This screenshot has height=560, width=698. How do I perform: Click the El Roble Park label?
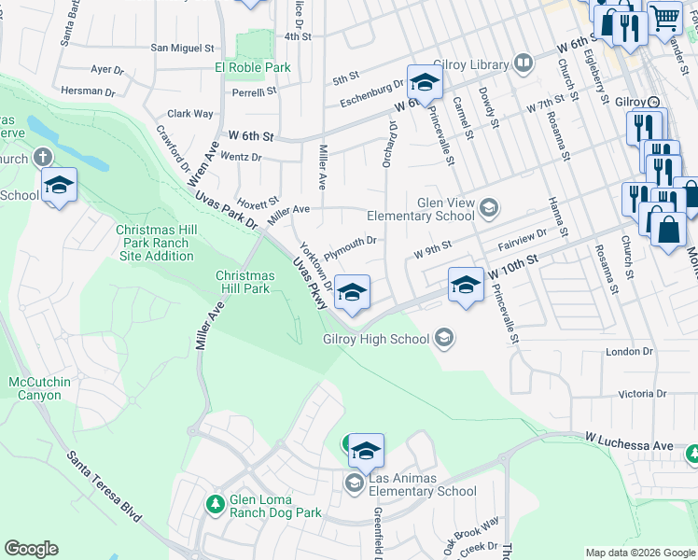tap(253, 67)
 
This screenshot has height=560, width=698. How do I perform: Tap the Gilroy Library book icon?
tap(523, 64)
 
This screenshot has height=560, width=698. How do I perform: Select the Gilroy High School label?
tap(375, 339)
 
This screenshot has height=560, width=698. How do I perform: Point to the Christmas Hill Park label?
tap(245, 282)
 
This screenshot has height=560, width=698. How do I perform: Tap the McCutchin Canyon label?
tap(35, 388)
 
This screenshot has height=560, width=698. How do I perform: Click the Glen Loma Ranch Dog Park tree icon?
tap(216, 503)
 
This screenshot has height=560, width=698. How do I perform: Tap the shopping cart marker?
tap(664, 18)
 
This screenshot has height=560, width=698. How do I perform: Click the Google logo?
tap(31, 549)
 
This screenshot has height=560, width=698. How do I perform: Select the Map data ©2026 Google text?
tap(639, 553)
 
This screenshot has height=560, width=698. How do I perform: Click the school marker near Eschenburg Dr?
tap(425, 83)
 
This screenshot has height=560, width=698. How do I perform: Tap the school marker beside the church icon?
tap(59, 186)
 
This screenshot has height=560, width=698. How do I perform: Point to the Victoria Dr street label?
tap(629, 394)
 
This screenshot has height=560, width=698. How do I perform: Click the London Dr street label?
tap(629, 352)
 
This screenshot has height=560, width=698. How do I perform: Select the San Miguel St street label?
tap(183, 48)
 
